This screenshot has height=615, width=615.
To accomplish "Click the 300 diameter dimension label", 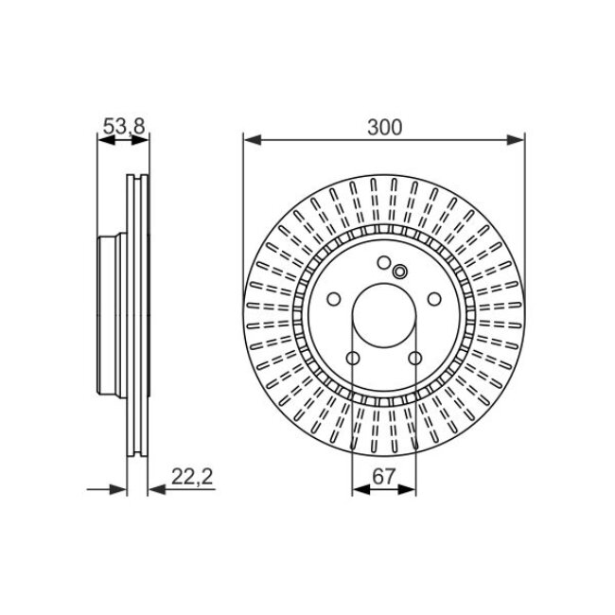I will [383, 125].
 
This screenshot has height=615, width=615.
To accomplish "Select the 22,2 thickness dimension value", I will [193, 478].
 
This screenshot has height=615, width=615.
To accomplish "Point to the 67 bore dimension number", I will [383, 477].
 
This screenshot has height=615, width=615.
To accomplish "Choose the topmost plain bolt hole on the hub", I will [383, 264].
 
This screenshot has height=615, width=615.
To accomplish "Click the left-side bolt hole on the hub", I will [333, 299].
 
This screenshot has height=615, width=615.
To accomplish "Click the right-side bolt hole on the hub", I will [433, 299].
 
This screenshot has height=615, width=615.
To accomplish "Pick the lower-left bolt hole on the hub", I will [352, 359].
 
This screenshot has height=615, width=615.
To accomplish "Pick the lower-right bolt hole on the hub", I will [414, 359].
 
